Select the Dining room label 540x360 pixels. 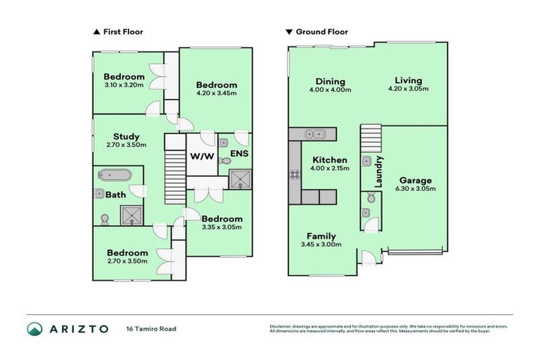(330, 81)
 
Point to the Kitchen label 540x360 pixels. (330, 160)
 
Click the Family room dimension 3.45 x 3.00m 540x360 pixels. (320, 245)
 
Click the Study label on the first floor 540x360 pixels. (127, 136)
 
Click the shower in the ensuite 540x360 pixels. (239, 181)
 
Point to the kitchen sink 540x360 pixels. (314, 134)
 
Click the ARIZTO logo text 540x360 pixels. (79, 328)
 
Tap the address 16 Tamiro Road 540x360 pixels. (150, 328)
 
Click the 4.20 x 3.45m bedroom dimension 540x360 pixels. (215, 93)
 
